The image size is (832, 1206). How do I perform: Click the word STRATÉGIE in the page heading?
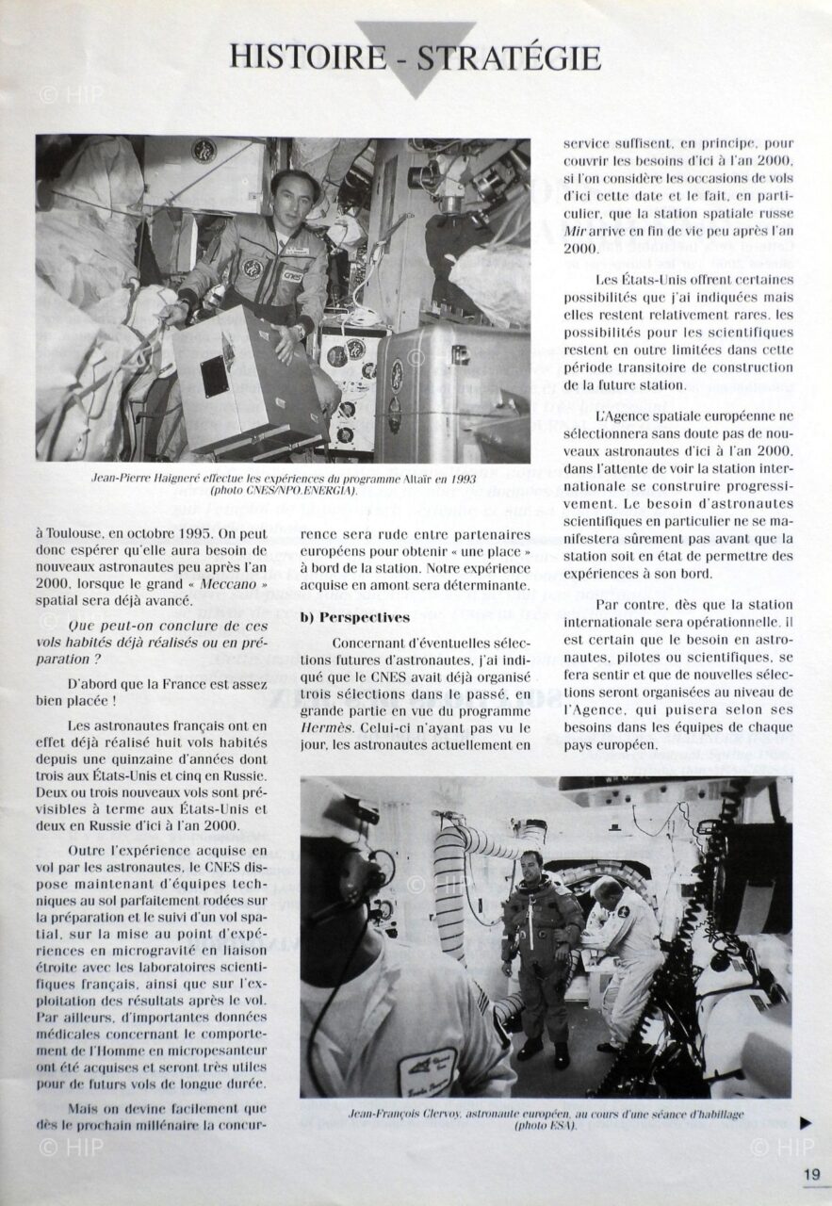(509, 57)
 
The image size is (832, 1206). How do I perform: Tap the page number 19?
(811, 1173)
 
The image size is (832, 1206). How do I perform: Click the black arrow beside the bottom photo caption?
(806, 1123)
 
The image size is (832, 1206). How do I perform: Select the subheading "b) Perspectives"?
(355, 617)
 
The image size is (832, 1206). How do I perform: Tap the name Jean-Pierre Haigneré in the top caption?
(151, 478)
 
